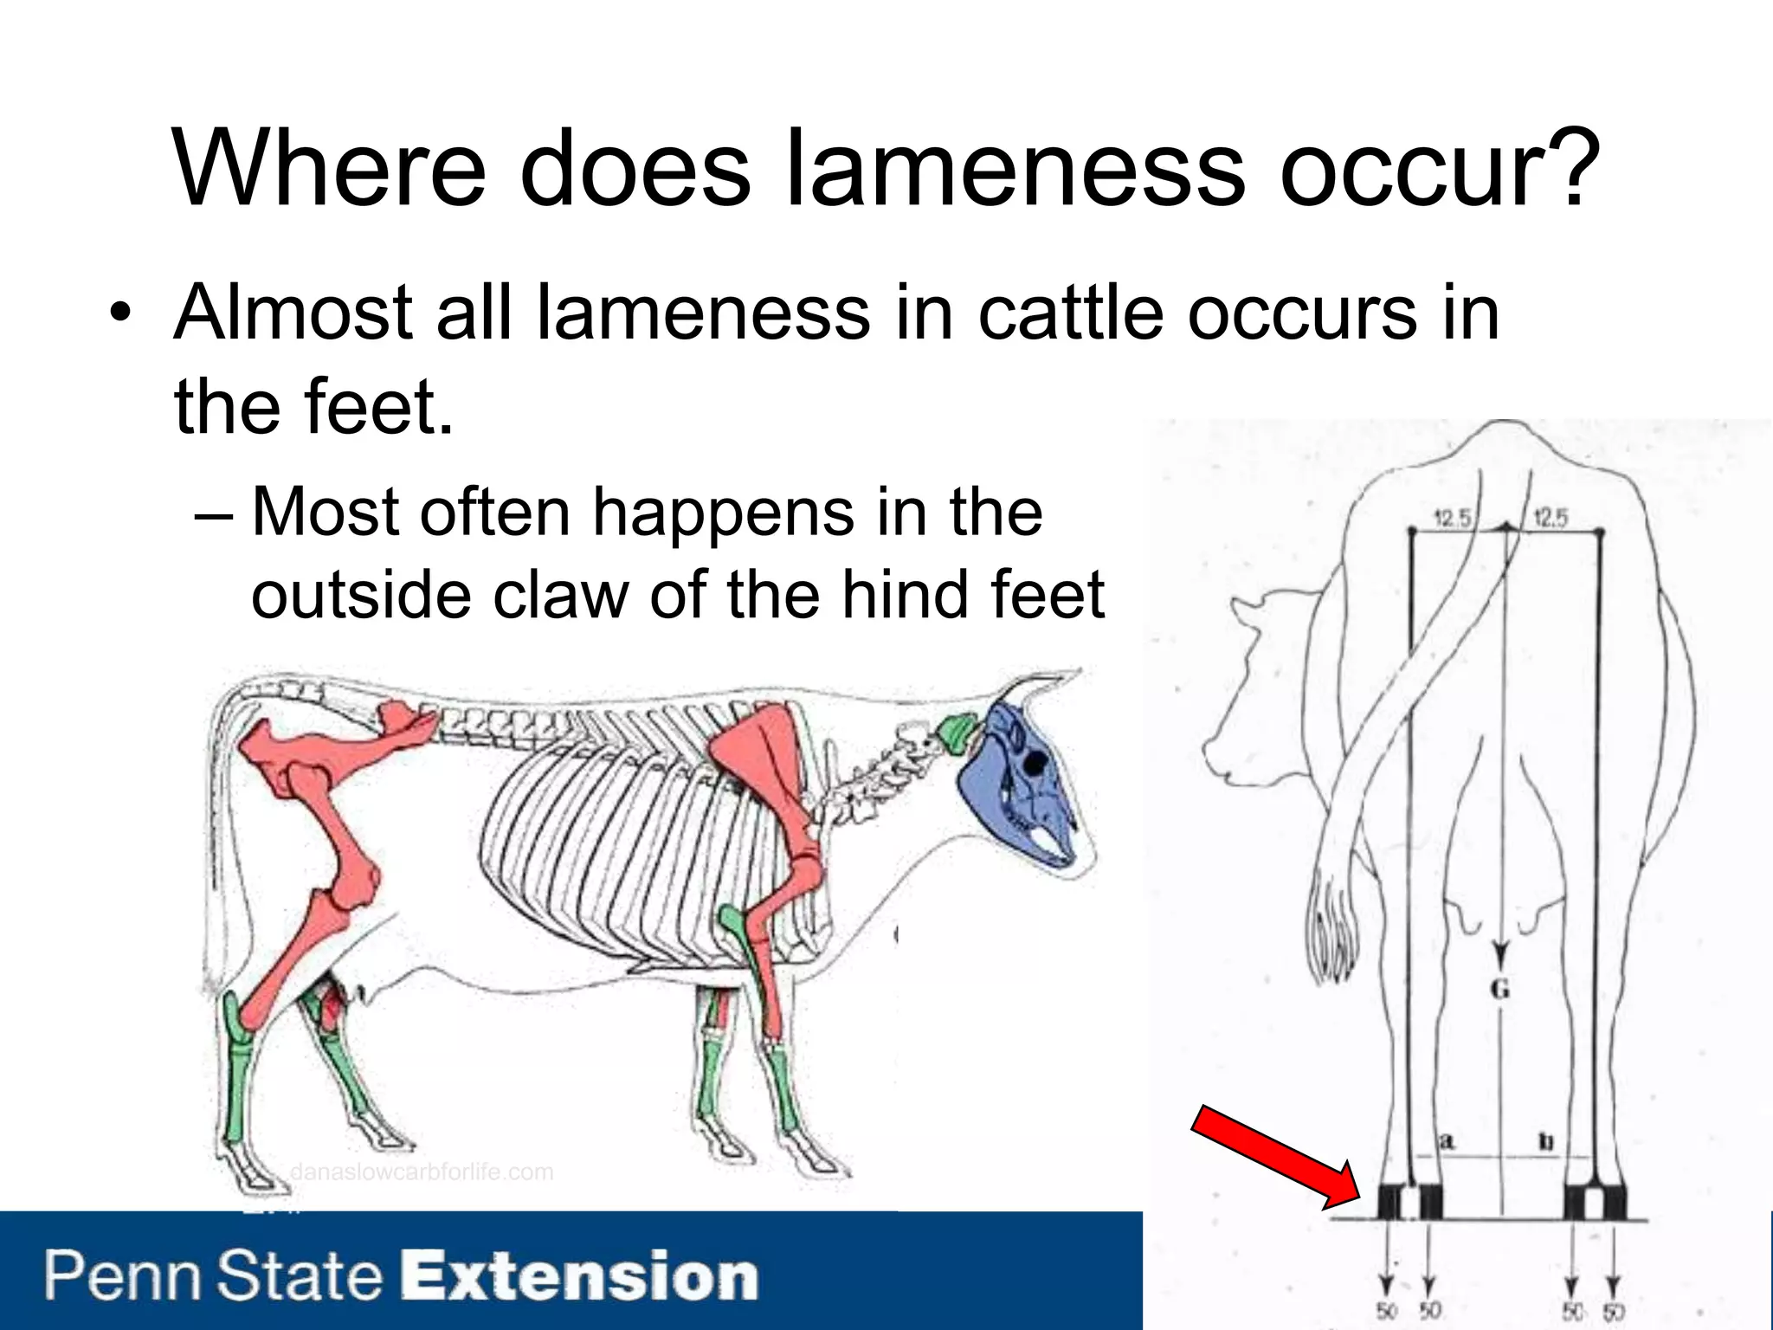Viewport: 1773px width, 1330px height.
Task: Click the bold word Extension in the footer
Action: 581,1276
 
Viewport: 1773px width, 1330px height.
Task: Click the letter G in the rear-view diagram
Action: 1500,989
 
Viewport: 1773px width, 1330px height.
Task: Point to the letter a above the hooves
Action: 1445,1141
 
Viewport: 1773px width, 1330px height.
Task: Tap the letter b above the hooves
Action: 1546,1141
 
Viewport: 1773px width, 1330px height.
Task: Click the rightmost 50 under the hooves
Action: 1612,1311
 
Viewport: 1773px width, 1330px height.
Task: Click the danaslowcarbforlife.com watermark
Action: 422,1172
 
